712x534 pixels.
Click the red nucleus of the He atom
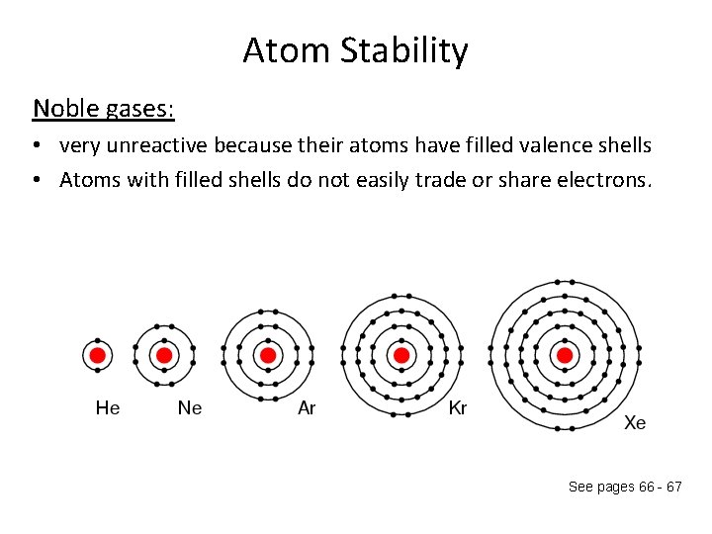pos(97,355)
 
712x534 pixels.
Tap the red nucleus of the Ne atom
pos(164,355)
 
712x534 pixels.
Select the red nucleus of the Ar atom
pos(267,355)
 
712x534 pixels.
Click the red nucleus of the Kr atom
pos(401,355)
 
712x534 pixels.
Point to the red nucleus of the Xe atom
pos(565,355)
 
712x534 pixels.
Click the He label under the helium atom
pos(108,407)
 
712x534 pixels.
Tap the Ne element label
pos(189,407)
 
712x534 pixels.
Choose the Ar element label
pos(307,407)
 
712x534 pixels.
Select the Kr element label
pos(458,407)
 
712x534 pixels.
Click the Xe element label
pos(635,423)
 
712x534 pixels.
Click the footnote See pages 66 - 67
pos(625,488)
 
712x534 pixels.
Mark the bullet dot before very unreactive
pos(35,146)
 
